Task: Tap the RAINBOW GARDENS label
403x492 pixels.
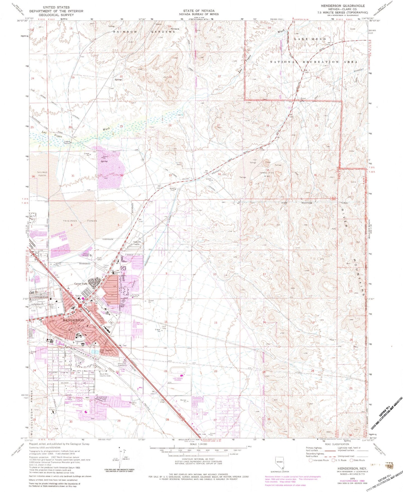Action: (144, 32)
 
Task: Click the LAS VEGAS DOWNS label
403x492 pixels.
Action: (177, 379)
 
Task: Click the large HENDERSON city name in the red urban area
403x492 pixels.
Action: (73, 320)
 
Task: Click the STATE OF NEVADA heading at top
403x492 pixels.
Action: (199, 11)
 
